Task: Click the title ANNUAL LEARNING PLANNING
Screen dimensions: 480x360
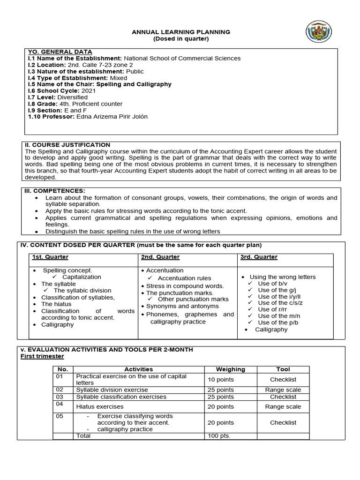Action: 181,32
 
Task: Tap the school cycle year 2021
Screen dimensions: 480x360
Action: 88,90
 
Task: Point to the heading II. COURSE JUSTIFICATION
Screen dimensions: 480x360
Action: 67,145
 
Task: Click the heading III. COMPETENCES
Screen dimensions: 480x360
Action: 55,191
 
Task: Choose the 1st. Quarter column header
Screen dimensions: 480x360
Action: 50,257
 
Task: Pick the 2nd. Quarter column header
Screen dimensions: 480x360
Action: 160,257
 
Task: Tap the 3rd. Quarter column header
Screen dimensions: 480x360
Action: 258,257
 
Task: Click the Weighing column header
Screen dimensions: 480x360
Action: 230,369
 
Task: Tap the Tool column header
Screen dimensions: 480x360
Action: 283,369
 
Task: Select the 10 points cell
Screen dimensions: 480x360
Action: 221,379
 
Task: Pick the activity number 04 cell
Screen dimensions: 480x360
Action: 60,404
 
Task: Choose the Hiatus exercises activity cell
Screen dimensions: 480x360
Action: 100,406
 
